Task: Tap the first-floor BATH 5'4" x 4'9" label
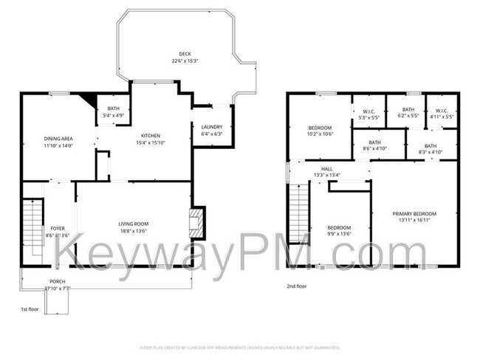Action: [x=113, y=112]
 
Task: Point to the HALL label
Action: [x=326, y=172]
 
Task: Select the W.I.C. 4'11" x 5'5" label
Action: [x=441, y=113]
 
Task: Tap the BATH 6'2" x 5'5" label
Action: [x=408, y=113]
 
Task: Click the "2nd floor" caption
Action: [x=297, y=285]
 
